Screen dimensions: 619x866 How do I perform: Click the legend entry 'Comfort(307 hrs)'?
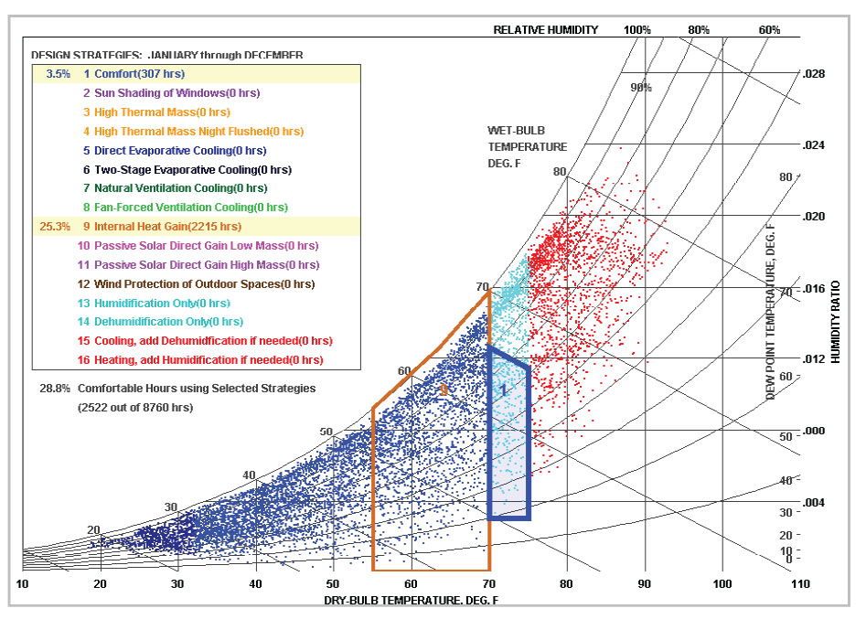point(134,74)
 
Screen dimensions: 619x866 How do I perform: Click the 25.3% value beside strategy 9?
point(53,226)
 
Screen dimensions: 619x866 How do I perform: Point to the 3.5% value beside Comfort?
point(58,74)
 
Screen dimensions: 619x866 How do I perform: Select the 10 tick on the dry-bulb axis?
point(22,583)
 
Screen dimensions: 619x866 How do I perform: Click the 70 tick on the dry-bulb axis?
point(489,583)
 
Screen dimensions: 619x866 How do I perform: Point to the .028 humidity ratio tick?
point(812,73)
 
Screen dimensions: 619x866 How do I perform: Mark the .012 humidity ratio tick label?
point(812,358)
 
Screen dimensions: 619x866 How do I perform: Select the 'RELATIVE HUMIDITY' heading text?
point(546,30)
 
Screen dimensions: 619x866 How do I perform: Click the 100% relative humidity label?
point(637,30)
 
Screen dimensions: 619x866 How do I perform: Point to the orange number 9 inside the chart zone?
point(444,390)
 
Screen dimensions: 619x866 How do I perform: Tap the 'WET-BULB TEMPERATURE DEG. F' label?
point(527,146)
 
